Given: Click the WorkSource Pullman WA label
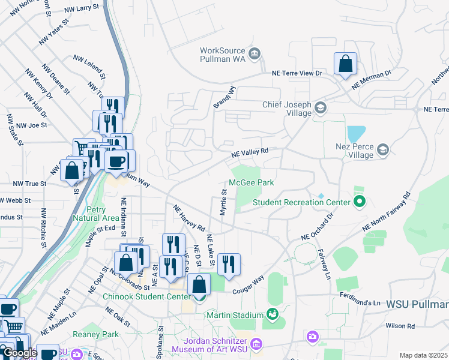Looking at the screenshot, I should (x=223, y=55).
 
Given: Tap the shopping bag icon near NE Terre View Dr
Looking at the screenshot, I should (x=346, y=64).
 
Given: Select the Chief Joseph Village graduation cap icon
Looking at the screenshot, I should (x=320, y=108).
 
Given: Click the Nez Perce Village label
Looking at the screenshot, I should (x=354, y=150).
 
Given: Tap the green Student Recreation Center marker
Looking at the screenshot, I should (x=360, y=202).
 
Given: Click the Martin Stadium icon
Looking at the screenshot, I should (x=273, y=314).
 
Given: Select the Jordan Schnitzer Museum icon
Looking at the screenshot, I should (x=256, y=344).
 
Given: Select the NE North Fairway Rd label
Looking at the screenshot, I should (x=385, y=213).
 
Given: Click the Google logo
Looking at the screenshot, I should (x=20, y=353).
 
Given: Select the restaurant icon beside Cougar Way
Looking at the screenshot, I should (x=229, y=263).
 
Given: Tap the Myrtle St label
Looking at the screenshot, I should (x=223, y=204).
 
